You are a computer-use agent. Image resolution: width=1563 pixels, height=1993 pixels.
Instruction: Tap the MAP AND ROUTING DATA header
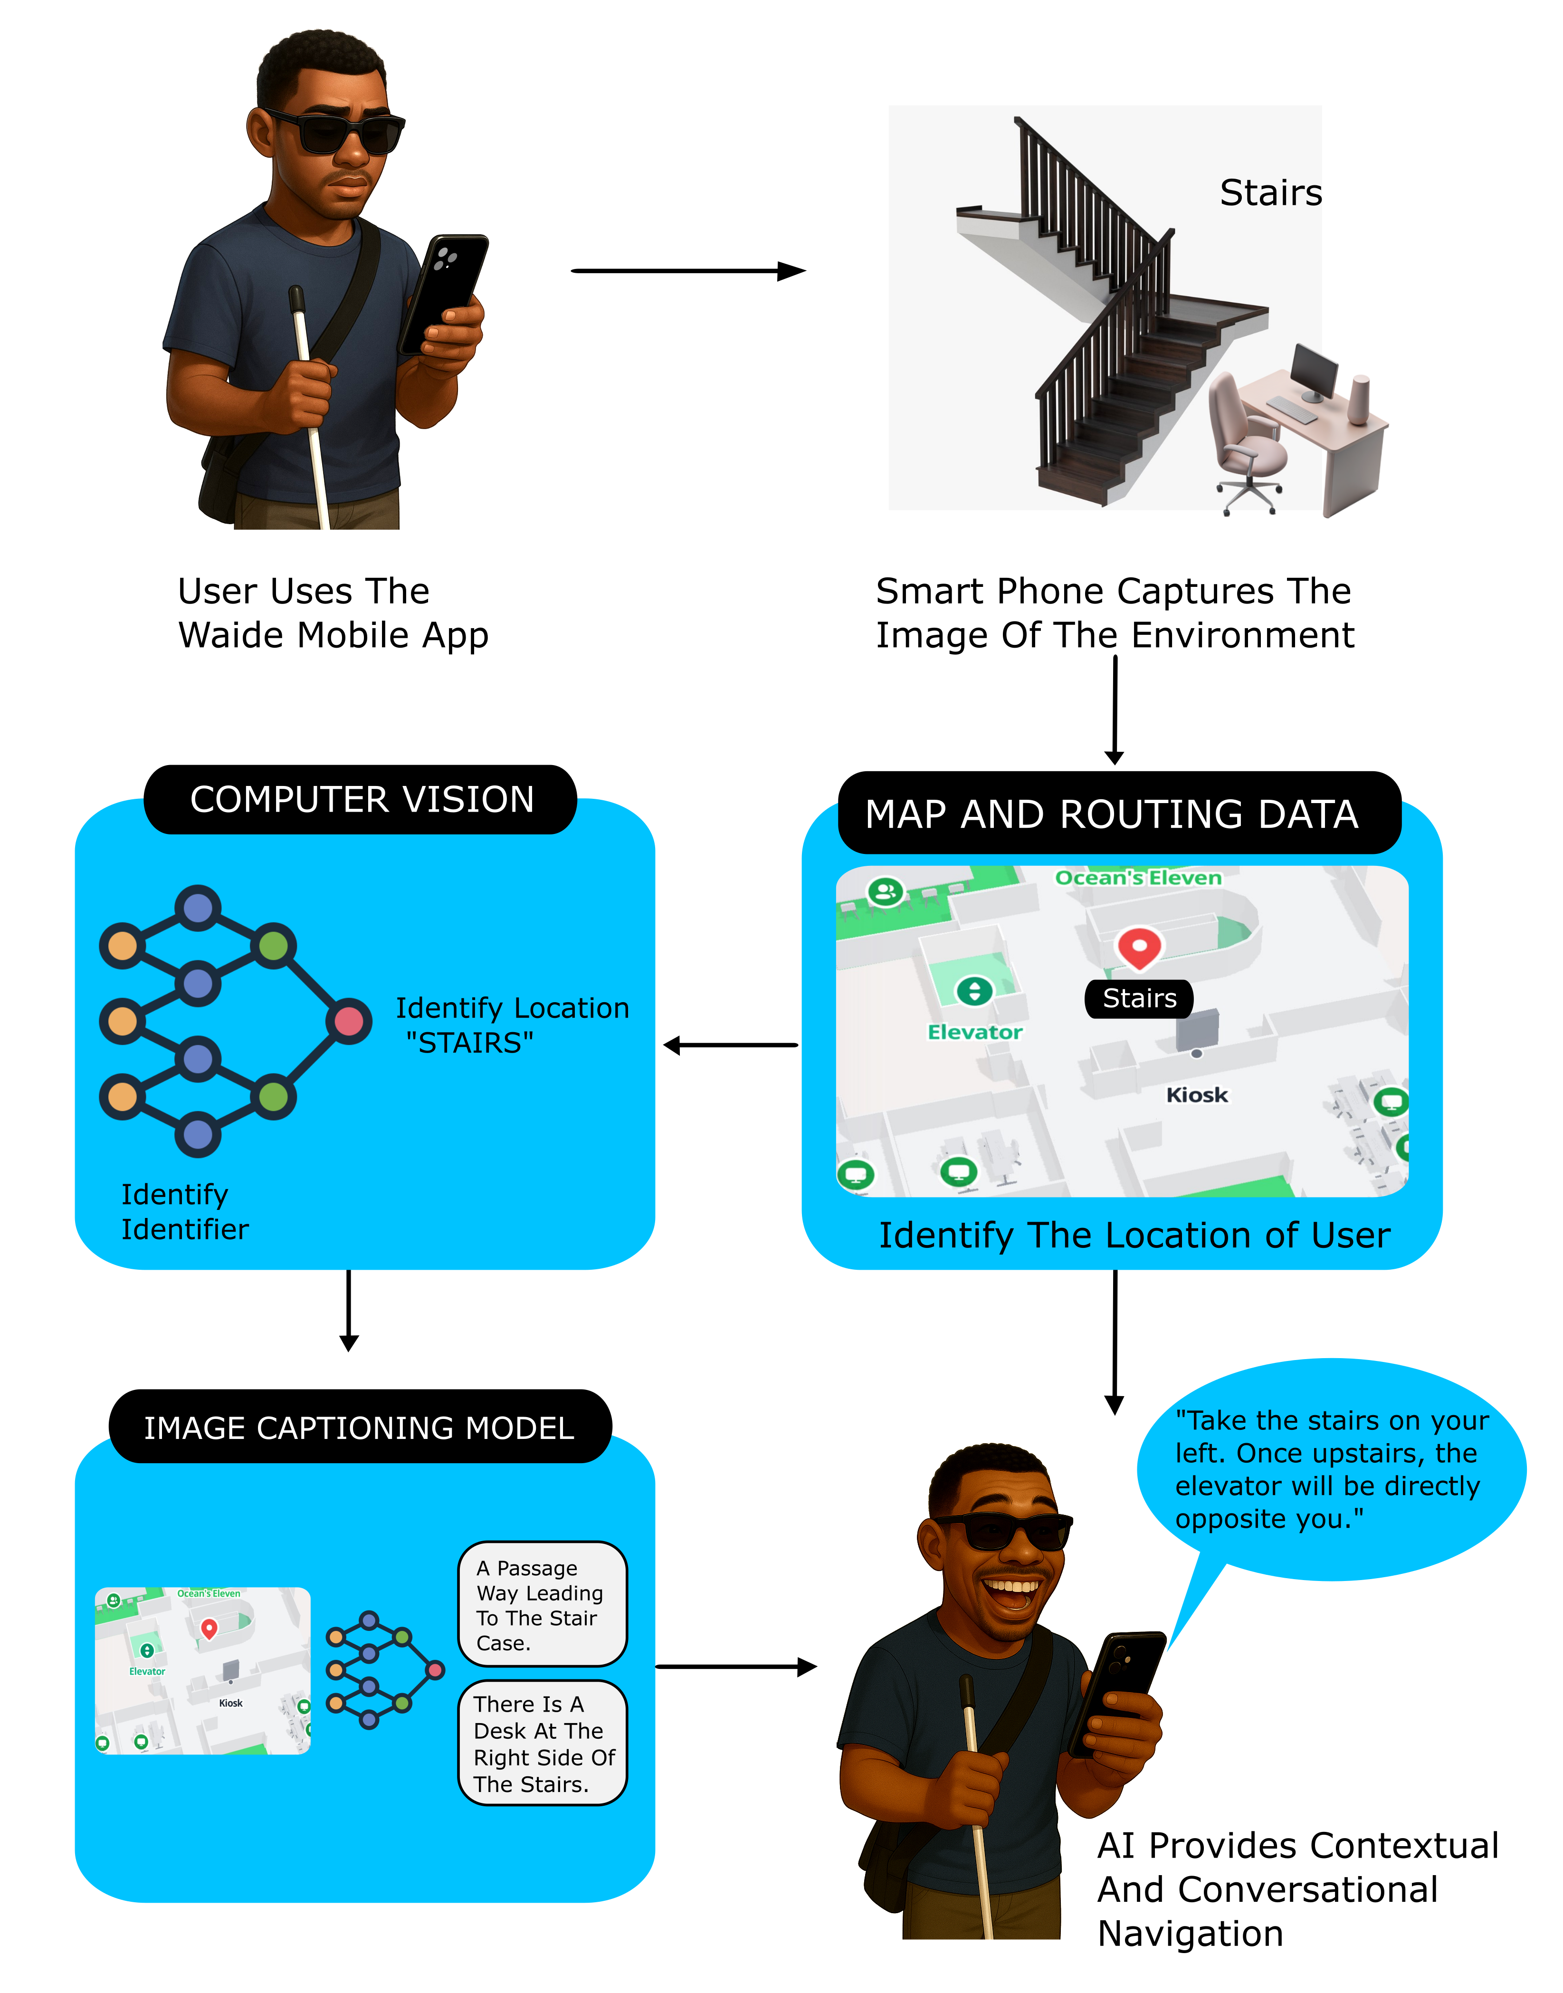(1118, 814)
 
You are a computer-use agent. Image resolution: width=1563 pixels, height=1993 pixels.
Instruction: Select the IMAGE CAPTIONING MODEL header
(360, 1427)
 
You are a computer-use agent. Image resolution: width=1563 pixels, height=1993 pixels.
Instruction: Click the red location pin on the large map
(1139, 948)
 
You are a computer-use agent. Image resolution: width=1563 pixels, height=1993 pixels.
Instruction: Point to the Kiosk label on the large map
(1196, 1095)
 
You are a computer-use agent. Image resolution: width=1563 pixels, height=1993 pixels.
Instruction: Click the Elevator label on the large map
(974, 1032)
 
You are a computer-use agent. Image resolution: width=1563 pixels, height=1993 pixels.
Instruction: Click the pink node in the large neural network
(349, 1021)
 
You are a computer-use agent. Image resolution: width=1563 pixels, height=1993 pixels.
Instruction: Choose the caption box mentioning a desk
(542, 1743)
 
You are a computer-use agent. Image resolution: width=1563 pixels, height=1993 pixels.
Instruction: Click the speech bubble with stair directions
(1332, 1469)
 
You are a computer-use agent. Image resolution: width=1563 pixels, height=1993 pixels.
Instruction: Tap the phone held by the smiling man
(1118, 1689)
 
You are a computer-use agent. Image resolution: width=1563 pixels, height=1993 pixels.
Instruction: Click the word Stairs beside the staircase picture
(1270, 193)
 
